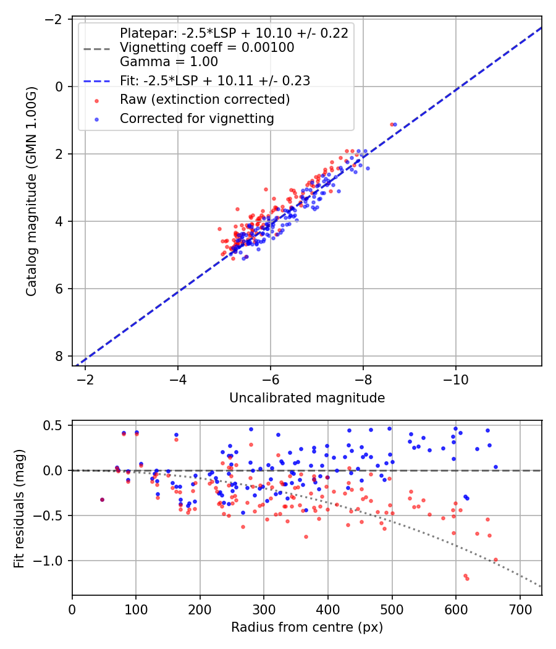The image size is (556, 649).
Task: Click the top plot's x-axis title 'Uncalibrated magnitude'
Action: tap(307, 398)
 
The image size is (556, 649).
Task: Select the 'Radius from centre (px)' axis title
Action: tap(307, 627)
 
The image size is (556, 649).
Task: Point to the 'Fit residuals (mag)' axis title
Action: tap(19, 507)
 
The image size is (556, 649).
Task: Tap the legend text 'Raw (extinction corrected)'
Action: tap(204, 100)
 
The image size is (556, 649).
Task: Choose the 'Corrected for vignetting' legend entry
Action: tap(196, 118)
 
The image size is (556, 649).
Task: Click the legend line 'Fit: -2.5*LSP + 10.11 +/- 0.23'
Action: tap(215, 80)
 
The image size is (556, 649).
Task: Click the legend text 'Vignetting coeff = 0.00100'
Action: tap(207, 48)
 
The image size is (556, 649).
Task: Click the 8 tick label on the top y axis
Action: tap(59, 356)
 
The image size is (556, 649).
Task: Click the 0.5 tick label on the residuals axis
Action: tap(54, 425)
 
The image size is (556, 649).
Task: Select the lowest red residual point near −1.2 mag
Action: tap(467, 579)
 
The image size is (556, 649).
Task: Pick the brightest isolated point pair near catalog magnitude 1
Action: tap(393, 124)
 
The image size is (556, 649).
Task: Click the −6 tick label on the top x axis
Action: tap(270, 379)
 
